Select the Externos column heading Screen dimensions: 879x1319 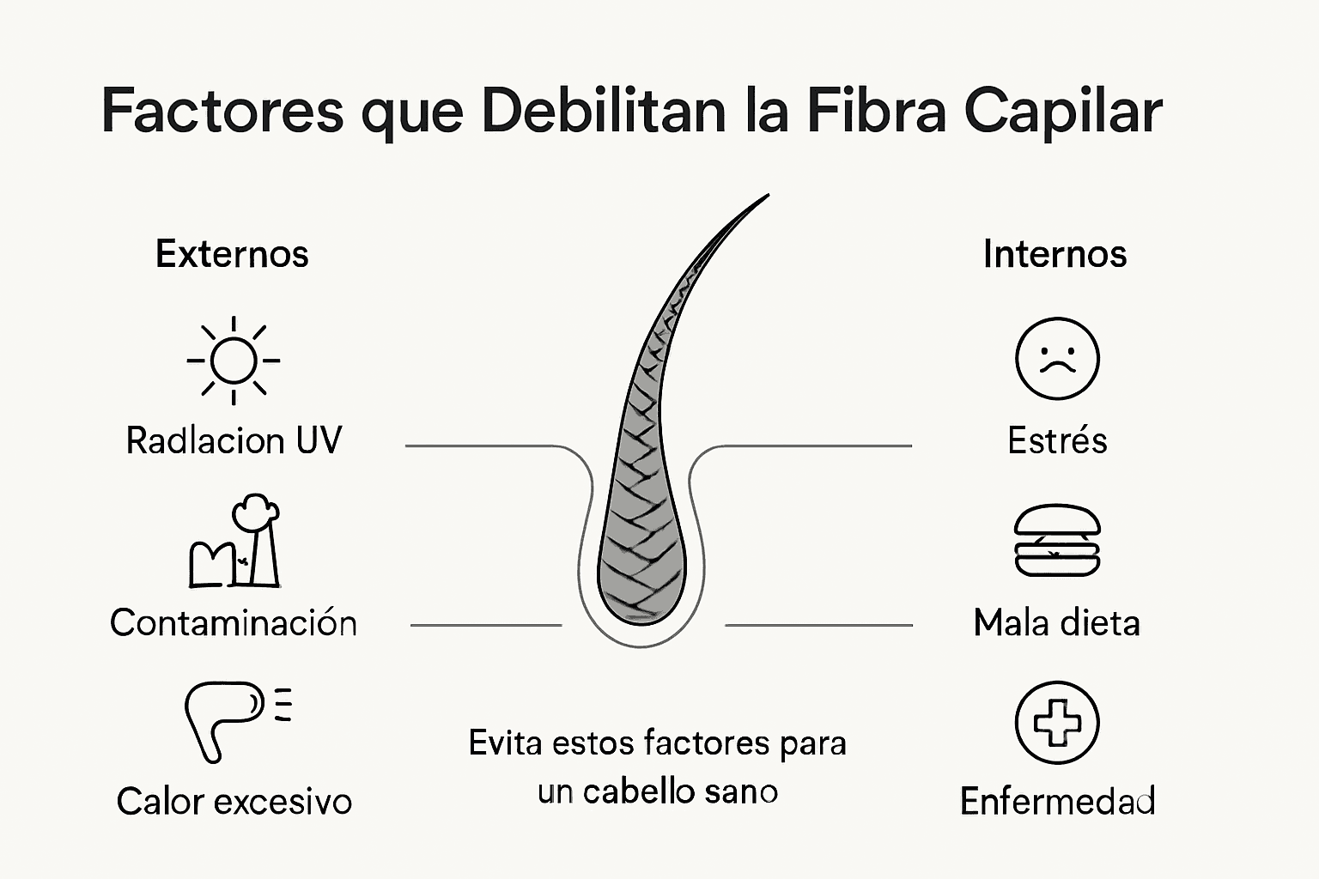click(232, 254)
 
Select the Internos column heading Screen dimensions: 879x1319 click(1055, 254)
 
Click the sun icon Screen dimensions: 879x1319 click(234, 361)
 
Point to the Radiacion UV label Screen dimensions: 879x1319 click(234, 440)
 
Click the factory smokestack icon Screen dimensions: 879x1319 click(234, 543)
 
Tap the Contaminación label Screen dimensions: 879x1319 click(234, 622)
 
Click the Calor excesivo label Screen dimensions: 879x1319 click(234, 802)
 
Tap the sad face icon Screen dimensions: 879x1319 click(1057, 359)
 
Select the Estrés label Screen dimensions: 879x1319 click(1057, 440)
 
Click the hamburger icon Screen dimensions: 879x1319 click(1057, 541)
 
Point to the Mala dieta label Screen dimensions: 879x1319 click(1057, 622)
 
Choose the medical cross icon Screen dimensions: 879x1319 click(1057, 723)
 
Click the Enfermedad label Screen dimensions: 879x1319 click(1057, 802)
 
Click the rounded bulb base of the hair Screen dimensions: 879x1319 click(642, 592)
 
